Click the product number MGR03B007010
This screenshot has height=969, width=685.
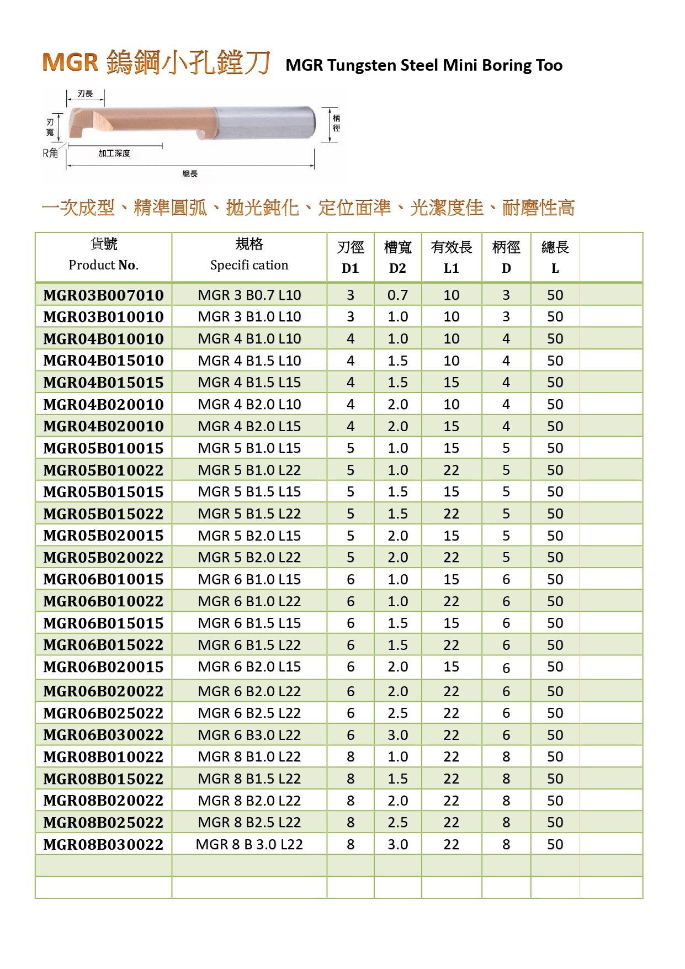tap(103, 295)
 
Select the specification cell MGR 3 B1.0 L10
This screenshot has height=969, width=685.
tap(249, 317)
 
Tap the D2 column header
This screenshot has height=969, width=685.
tap(397, 268)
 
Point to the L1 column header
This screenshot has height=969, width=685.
tap(451, 268)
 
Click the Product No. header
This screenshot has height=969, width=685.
tap(103, 265)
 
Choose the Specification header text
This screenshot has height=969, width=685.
tap(249, 265)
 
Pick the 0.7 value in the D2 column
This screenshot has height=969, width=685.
tap(397, 295)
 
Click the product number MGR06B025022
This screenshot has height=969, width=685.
tap(103, 713)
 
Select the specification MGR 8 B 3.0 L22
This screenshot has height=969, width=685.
tap(249, 844)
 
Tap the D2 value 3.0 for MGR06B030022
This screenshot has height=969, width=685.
tap(397, 735)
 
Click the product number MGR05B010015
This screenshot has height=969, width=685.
tap(103, 448)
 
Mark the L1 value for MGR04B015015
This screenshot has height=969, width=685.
tap(451, 383)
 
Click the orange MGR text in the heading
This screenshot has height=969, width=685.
tap(70, 62)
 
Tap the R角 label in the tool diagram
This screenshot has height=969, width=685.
tap(50, 153)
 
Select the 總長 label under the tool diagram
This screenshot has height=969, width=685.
tap(190, 174)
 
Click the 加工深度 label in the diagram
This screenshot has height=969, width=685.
tap(114, 153)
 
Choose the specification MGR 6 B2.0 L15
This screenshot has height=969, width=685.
tap(249, 667)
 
